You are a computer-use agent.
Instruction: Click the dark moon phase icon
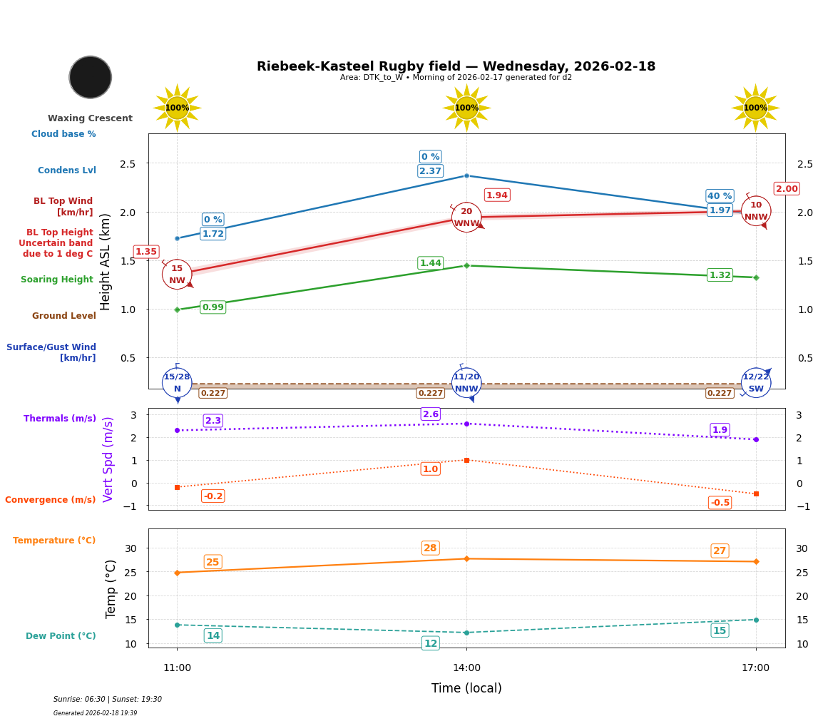(x=91, y=77)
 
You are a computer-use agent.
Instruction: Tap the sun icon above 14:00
(x=466, y=108)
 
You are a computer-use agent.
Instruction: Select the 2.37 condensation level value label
(x=430, y=171)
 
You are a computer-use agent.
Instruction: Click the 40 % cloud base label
(x=720, y=196)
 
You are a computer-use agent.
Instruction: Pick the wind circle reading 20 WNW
(x=466, y=218)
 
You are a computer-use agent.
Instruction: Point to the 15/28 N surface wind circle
(x=177, y=383)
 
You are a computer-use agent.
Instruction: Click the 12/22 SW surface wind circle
(x=756, y=383)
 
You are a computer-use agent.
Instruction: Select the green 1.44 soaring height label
(x=430, y=263)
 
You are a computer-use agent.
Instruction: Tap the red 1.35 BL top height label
(x=146, y=252)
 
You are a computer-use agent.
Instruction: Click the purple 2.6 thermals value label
(x=431, y=414)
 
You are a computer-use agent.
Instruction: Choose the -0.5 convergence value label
(x=720, y=503)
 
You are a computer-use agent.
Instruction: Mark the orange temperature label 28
(x=430, y=548)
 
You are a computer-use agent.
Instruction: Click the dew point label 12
(x=431, y=643)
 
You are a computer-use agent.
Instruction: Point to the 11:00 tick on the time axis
(x=177, y=668)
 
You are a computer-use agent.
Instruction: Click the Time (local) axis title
(x=466, y=688)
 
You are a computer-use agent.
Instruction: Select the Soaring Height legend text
(x=57, y=280)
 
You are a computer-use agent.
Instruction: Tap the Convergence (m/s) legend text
(x=51, y=500)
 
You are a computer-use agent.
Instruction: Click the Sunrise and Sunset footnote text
(x=108, y=700)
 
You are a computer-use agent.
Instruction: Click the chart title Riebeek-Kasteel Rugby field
(x=456, y=66)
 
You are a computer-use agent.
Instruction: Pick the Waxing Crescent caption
(x=90, y=118)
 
